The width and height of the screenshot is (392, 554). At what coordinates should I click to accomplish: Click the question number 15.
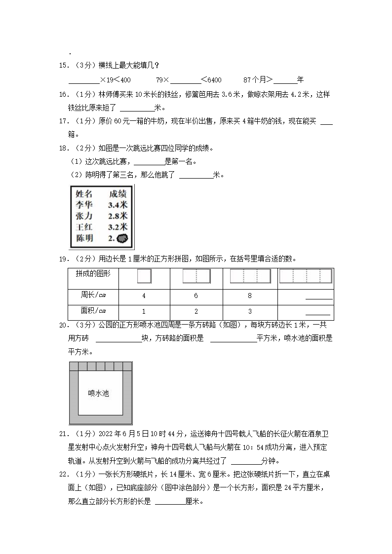(63, 66)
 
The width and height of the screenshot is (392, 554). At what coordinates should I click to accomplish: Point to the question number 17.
(63, 121)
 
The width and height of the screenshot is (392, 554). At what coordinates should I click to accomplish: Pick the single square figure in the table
(144, 276)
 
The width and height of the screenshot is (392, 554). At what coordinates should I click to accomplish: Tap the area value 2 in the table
(196, 311)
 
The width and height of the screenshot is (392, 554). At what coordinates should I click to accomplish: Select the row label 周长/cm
(93, 295)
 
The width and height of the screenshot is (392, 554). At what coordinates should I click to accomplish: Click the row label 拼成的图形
(93, 274)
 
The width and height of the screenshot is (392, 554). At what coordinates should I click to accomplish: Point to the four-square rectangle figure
(305, 276)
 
